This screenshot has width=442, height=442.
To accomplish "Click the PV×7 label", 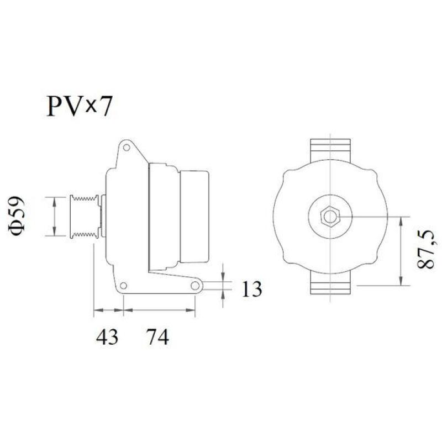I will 78,106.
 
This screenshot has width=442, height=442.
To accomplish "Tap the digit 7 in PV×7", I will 105,106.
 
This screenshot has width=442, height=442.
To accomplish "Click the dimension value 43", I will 107,336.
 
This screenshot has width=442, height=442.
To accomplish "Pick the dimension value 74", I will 157,336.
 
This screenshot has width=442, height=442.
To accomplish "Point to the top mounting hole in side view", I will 127,148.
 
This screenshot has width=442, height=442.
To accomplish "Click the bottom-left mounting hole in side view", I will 124,286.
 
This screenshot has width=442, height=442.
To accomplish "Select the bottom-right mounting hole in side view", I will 195,286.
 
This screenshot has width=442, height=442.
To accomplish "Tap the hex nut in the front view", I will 330,216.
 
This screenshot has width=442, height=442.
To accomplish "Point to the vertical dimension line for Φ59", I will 54,216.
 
